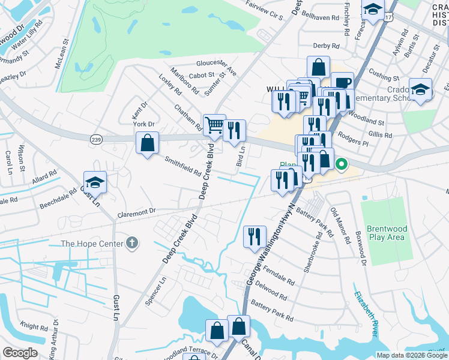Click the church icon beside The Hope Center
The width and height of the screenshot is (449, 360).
tap(132, 244)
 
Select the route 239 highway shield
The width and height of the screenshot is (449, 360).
tap(96, 139)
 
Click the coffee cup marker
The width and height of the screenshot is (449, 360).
tap(342, 83)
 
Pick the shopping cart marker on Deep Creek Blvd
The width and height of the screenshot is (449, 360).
tap(214, 125)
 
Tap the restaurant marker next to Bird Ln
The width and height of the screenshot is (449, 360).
tap(234, 130)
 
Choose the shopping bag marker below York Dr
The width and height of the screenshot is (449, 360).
tap(147, 143)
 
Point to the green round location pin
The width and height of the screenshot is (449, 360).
tap(342, 163)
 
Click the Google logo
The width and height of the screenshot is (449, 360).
tap(20, 352)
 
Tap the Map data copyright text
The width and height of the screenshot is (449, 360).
tap(412, 355)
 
